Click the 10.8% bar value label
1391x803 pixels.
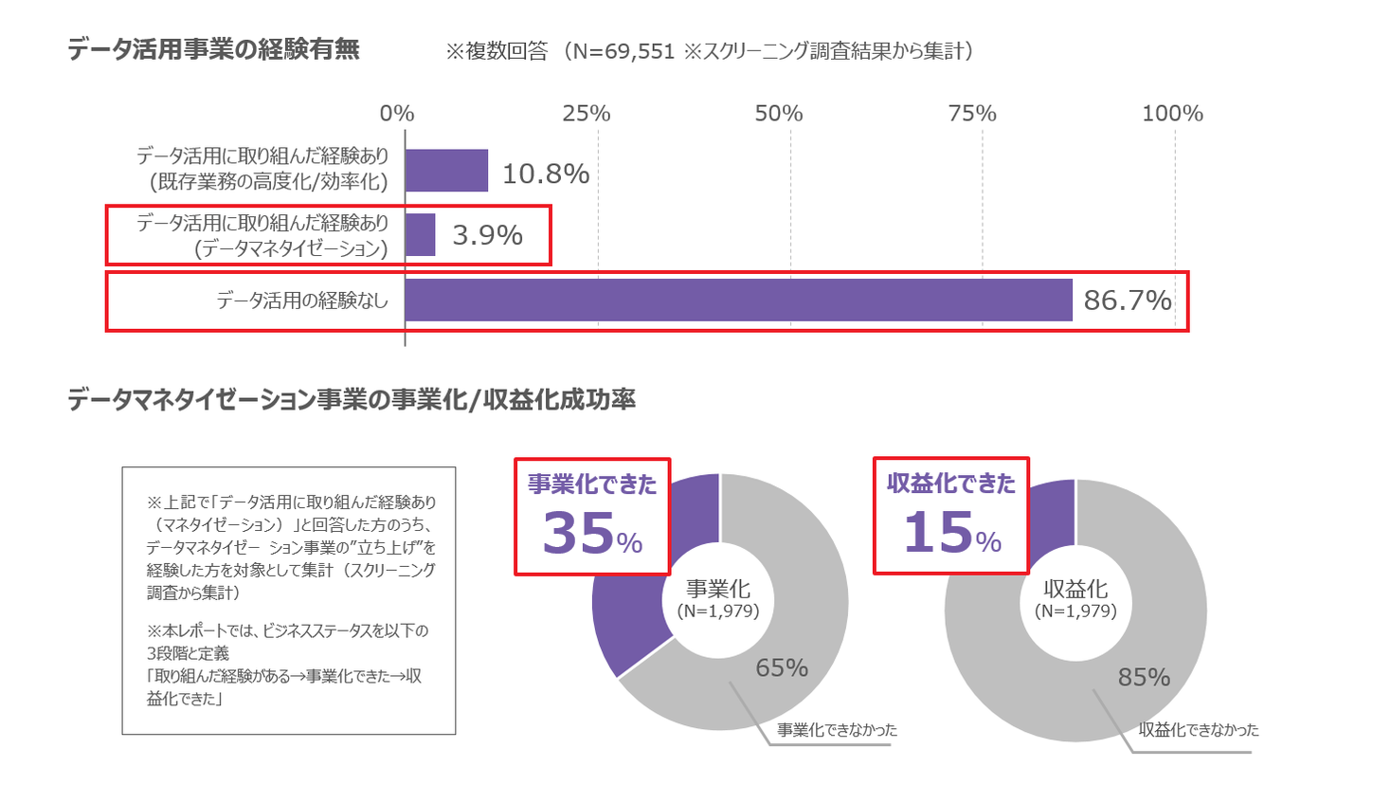tap(545, 173)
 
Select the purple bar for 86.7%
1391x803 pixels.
tap(738, 300)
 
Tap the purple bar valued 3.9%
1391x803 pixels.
tap(420, 235)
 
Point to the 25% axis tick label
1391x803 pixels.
tap(586, 114)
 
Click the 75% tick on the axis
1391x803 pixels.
tap(972, 114)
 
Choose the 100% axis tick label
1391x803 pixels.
tap(1172, 114)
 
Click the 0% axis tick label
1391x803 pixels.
tap(397, 114)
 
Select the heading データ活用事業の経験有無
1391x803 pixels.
tap(213, 49)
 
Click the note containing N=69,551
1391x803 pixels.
tap(710, 51)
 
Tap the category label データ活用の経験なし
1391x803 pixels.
tap(302, 301)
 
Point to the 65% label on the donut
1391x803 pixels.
tap(782, 667)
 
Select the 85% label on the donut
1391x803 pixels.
tap(1144, 677)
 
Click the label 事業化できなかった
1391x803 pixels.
tap(837, 730)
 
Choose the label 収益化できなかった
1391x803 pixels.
tap(1199, 730)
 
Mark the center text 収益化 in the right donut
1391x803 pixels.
tap(1075, 590)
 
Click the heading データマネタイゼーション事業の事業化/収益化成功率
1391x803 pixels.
tap(352, 400)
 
